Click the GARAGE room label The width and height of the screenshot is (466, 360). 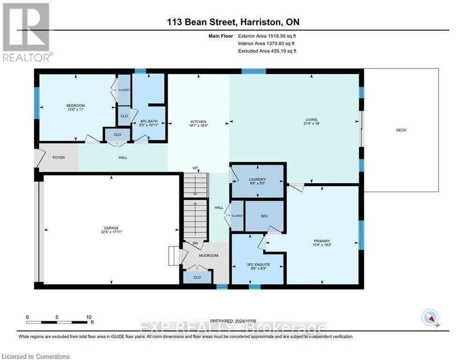tap(111, 228)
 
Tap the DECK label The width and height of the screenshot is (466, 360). tap(401, 130)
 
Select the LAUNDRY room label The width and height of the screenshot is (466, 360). tap(258, 180)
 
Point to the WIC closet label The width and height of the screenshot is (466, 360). tap(264, 216)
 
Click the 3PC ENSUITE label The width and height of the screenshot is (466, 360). tap(258, 264)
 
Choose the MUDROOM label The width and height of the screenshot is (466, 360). tap(208, 255)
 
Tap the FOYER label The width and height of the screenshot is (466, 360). tap(59, 157)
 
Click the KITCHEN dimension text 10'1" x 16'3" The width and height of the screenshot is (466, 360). tap(198, 126)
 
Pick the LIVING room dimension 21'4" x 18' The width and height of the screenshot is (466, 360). tap(311, 123)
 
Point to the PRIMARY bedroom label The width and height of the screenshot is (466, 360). tap(322, 241)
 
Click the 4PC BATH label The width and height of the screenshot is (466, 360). tap(148, 121)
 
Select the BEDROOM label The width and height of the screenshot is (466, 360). tap(75, 105)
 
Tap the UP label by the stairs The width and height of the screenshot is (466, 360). tap(195, 168)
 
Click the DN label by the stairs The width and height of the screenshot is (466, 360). tap(195, 243)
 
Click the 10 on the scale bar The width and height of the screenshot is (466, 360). tap(89, 317)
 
